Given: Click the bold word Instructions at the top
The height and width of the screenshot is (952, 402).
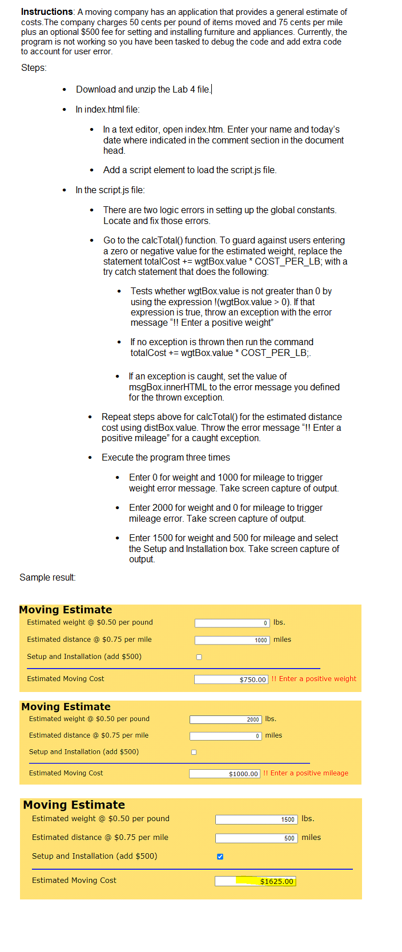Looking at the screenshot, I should [47, 12].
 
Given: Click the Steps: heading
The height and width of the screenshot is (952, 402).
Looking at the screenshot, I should [34, 68].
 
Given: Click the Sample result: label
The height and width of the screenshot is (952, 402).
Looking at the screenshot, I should [47, 577].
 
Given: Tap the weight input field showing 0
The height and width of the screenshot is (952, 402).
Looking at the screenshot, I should [232, 623].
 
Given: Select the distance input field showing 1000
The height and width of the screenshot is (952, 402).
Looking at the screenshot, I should [232, 640].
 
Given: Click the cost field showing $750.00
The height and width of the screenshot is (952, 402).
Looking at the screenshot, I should [231, 679].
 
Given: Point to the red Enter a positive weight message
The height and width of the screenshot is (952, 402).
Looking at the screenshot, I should [314, 679].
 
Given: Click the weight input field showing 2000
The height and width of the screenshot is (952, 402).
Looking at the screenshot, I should [226, 719].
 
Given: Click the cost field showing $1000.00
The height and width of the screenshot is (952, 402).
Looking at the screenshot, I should [224, 774].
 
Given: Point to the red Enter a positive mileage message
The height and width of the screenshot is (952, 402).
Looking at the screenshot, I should [305, 773].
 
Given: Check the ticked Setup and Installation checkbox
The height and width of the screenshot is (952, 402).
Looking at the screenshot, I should [220, 857].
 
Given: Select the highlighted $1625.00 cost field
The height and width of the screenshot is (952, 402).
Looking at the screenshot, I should [255, 881].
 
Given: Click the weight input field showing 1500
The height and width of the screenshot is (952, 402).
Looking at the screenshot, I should [256, 819].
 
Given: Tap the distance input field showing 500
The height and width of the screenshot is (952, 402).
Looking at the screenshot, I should [256, 838].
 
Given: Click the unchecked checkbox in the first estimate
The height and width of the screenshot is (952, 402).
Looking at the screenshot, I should [199, 657].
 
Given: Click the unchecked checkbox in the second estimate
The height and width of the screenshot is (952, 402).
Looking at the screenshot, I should [194, 752].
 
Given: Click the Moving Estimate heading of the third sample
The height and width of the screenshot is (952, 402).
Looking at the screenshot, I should [74, 805].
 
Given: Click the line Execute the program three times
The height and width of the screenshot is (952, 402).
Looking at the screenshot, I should [166, 458].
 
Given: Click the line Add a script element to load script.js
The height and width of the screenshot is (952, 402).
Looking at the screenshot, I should [190, 170].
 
